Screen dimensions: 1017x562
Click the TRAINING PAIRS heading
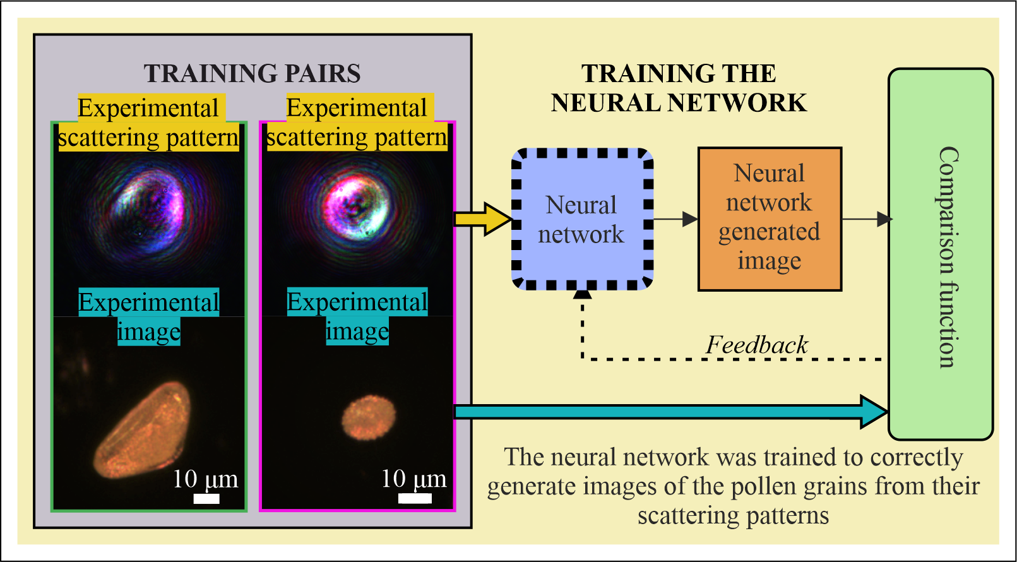coord(252,74)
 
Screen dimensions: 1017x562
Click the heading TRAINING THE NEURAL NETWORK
coord(679,88)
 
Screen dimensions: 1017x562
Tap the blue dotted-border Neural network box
coord(583,219)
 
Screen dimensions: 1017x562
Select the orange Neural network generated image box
coord(770,219)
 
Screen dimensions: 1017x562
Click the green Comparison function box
coord(941,254)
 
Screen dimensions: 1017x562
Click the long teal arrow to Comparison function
coord(672,412)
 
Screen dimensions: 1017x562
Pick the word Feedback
coord(757,345)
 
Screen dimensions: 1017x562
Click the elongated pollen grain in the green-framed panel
coord(142,430)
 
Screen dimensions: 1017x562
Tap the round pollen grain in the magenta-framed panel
coord(368,417)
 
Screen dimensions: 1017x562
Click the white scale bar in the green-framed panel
coord(206,499)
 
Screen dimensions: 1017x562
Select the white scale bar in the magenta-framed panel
coord(415,498)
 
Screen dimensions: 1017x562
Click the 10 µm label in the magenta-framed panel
coord(413,479)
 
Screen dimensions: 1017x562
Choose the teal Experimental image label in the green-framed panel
coord(149,316)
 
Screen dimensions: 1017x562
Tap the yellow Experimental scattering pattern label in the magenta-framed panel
coord(357,123)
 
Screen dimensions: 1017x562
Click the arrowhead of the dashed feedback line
coord(583,294)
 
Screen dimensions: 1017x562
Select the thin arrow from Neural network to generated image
coord(675,219)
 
